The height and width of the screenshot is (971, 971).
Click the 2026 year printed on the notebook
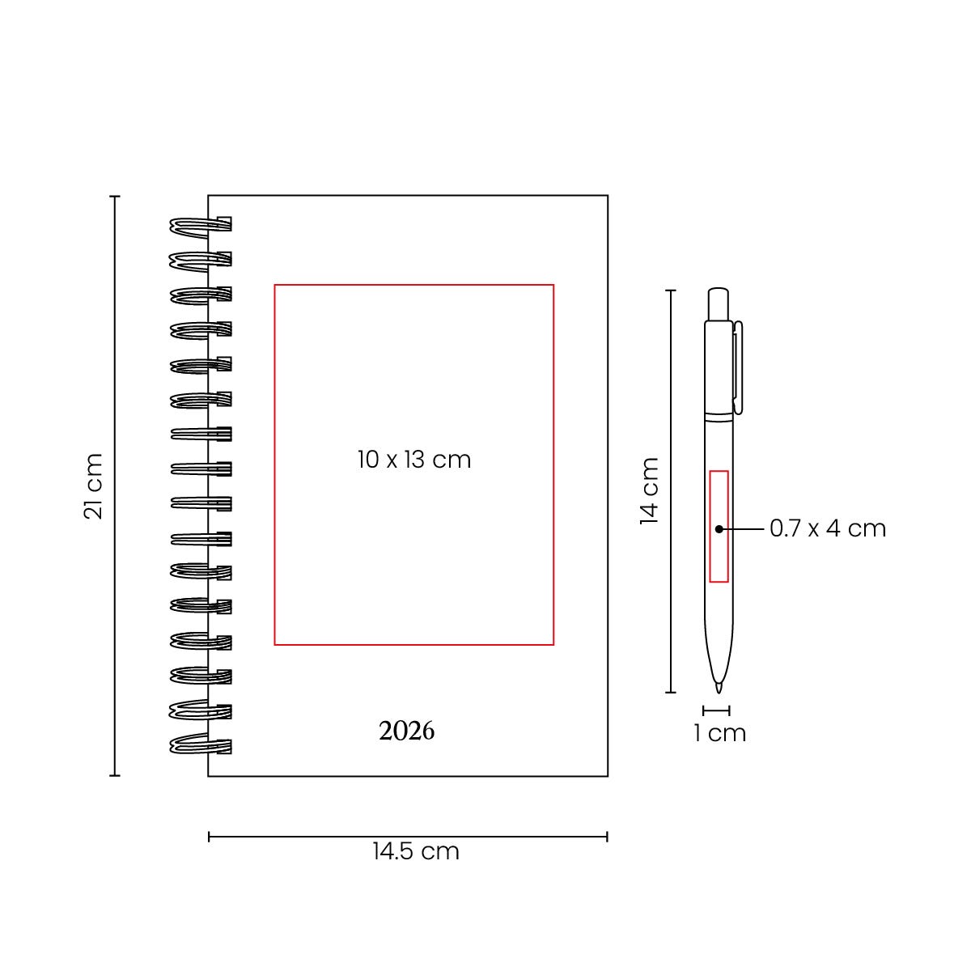click(x=407, y=731)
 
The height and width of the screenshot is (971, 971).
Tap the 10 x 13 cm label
click(x=414, y=460)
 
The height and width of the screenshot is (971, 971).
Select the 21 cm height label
click(x=93, y=485)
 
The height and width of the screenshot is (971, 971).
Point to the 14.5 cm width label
click(x=416, y=851)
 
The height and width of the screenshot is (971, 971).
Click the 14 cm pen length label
click(x=650, y=491)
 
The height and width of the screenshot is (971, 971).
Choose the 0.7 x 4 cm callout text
click(x=828, y=528)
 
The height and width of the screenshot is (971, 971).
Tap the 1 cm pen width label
click(x=719, y=733)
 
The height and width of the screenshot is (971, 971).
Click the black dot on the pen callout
click(x=719, y=529)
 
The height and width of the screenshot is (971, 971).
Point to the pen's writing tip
click(x=719, y=689)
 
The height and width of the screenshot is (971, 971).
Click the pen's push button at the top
click(x=718, y=304)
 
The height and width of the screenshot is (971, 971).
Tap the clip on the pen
click(x=738, y=368)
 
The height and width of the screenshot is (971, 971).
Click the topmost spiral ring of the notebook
click(x=201, y=225)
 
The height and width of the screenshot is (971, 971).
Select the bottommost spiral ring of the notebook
click(x=201, y=745)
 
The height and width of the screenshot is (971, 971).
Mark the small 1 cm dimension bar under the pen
click(x=716, y=710)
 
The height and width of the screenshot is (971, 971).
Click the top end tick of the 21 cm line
click(x=115, y=196)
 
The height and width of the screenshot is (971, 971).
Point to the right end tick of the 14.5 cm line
click(x=607, y=837)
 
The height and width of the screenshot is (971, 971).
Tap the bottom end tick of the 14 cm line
click(x=671, y=693)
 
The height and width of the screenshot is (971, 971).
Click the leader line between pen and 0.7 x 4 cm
click(x=742, y=529)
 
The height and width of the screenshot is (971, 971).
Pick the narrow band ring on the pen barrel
click(x=719, y=418)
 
